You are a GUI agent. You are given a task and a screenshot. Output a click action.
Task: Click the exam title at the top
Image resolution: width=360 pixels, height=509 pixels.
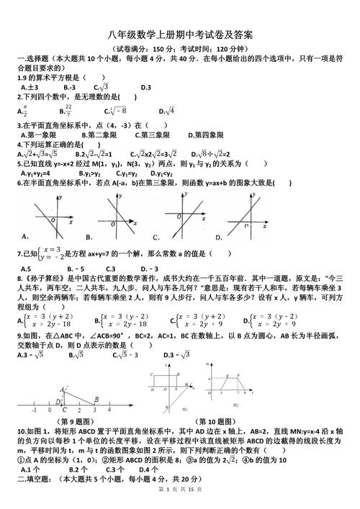pyautogui.click(x=180, y=35)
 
